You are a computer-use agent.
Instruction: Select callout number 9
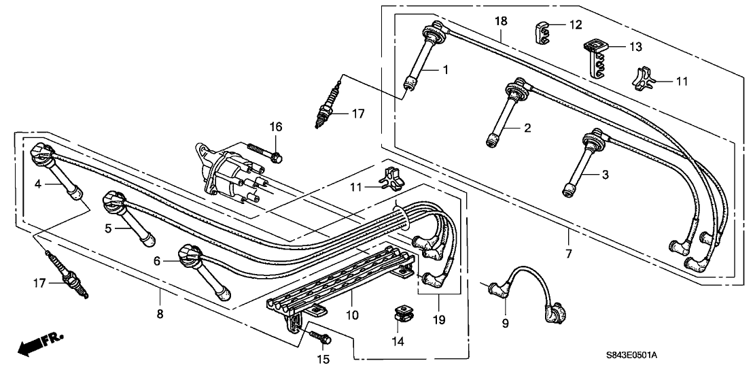click(505, 324)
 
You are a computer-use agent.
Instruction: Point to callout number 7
click(568, 253)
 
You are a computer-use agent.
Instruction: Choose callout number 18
click(501, 22)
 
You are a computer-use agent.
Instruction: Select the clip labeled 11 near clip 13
click(644, 79)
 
